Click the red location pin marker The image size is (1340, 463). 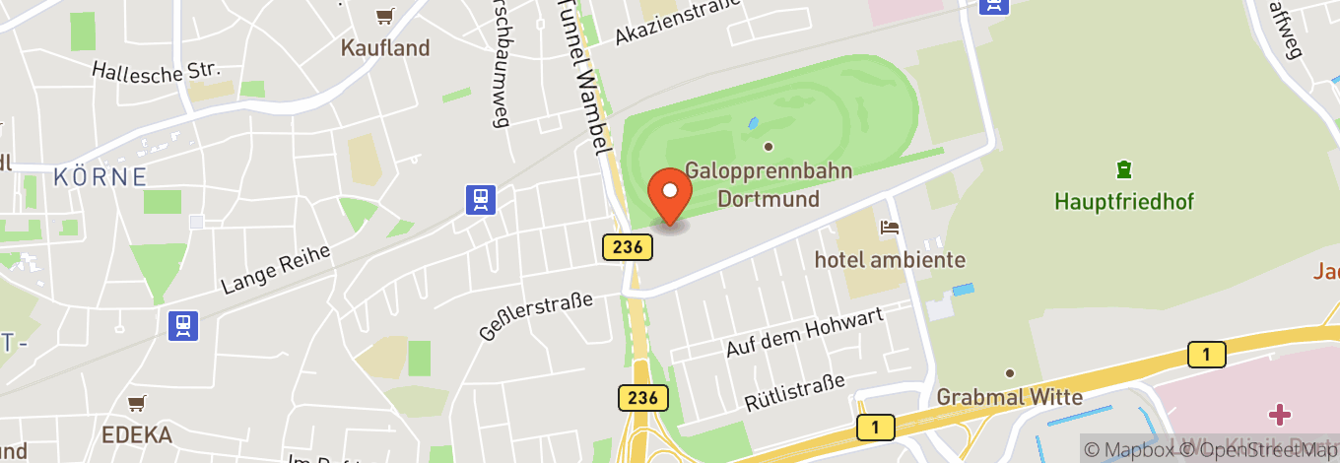(x=670, y=195)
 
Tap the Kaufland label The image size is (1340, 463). (x=385, y=47)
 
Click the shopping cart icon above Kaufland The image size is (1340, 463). (x=384, y=16)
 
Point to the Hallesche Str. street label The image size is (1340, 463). (x=157, y=70)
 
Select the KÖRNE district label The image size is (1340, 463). (x=100, y=177)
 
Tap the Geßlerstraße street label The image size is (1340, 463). (x=536, y=314)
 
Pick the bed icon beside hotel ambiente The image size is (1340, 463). (x=891, y=228)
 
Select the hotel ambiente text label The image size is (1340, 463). (x=890, y=260)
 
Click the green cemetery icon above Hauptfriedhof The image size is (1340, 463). (x=1123, y=169)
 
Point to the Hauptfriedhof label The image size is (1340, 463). (x=1124, y=202)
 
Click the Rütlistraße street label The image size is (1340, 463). (x=794, y=390)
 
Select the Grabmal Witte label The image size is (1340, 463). (x=1010, y=398)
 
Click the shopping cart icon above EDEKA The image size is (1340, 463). (x=137, y=403)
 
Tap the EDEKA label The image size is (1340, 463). (x=137, y=434)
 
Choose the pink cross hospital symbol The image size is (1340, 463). (x=1280, y=413)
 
